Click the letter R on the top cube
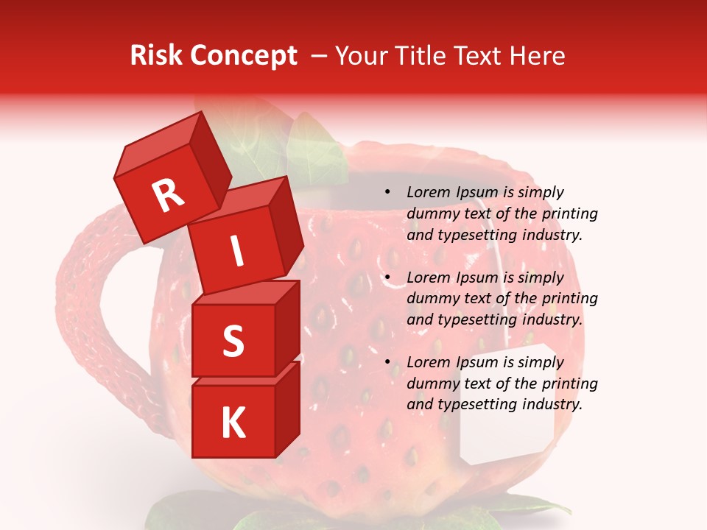click(x=168, y=196)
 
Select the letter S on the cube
click(x=233, y=342)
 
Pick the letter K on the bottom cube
click(x=233, y=423)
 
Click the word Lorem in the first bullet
click(x=428, y=193)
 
